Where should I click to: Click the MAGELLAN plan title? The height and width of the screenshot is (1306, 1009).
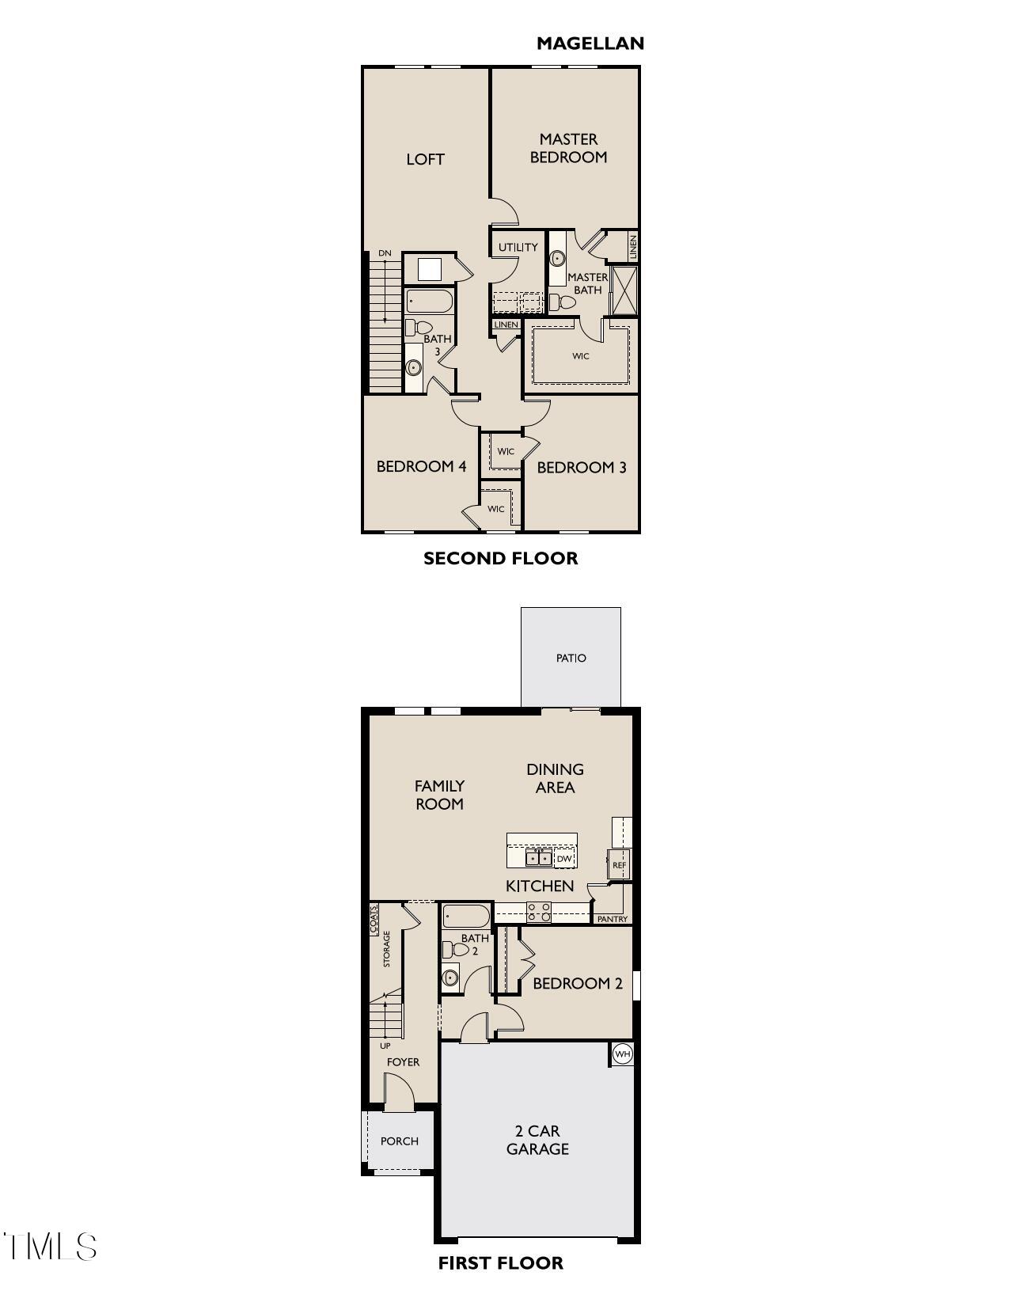[590, 44]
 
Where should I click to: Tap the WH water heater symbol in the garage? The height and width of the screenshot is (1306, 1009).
[623, 1054]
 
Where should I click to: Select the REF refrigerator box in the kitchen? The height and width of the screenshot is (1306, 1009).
[619, 865]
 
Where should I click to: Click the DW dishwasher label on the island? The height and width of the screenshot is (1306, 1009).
[563, 859]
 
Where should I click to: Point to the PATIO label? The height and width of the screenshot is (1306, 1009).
[571, 658]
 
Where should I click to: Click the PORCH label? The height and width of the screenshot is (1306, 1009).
[399, 1141]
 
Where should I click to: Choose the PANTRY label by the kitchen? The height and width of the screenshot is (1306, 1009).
[612, 919]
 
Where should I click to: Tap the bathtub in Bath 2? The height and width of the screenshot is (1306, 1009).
[467, 916]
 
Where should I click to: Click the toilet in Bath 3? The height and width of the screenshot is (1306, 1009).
[419, 327]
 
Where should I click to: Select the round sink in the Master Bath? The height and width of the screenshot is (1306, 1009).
[558, 258]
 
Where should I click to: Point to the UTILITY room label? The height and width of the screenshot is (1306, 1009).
[518, 247]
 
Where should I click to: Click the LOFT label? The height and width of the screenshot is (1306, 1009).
[425, 159]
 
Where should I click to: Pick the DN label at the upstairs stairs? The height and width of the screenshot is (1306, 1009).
[385, 253]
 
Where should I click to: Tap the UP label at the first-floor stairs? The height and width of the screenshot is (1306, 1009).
[385, 1046]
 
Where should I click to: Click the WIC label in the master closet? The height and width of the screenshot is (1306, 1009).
[581, 356]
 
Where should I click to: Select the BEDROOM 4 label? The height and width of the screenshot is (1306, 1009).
[421, 466]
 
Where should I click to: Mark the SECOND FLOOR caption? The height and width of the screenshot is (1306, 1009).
[500, 558]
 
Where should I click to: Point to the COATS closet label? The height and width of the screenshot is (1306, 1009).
[374, 920]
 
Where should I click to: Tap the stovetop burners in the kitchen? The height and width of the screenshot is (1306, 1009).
[540, 912]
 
